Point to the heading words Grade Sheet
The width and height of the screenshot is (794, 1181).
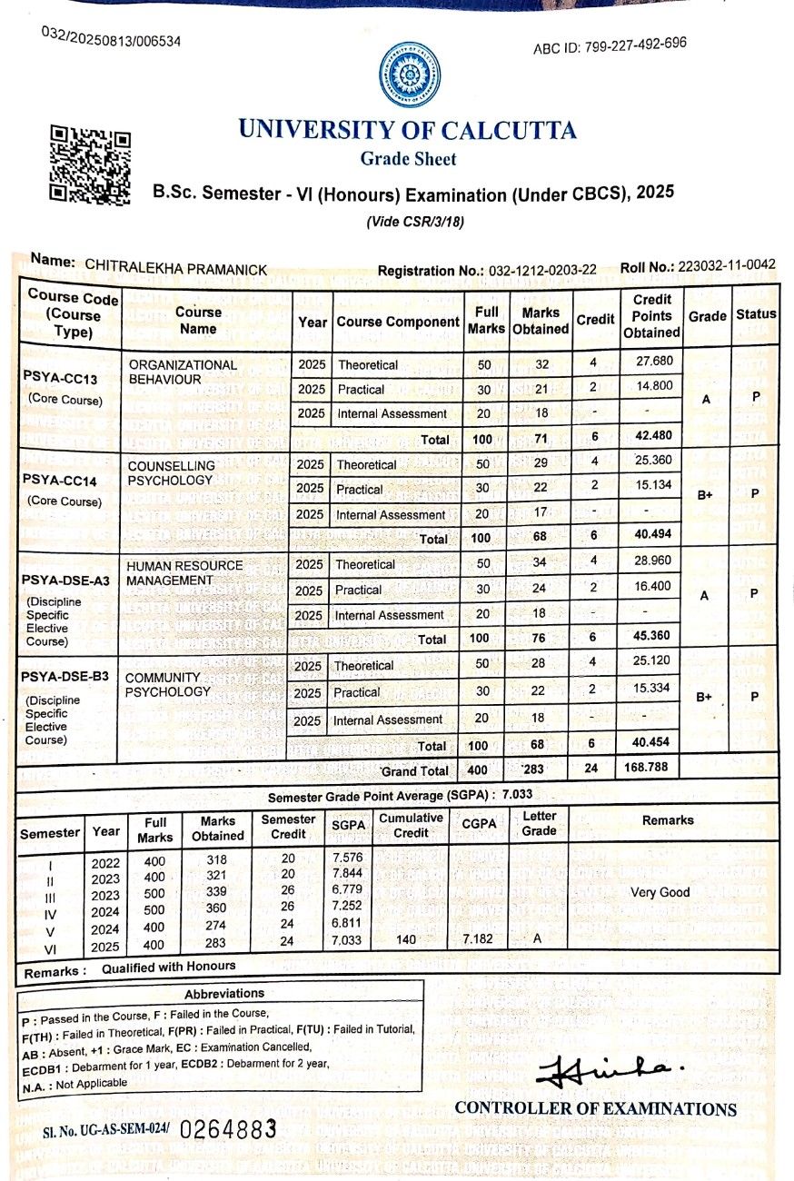408,159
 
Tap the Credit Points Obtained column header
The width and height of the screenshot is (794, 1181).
652,315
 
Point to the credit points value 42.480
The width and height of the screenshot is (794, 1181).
651,437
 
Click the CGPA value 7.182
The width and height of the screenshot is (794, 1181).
477,938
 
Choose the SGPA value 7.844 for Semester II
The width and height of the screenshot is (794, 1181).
348,872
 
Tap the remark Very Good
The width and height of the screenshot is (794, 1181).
660,892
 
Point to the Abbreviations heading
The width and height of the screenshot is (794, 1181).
224,993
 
